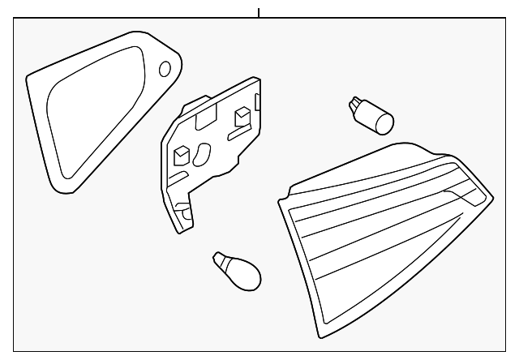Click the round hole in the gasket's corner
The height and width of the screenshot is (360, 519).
165,68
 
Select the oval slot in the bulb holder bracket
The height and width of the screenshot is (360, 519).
202,153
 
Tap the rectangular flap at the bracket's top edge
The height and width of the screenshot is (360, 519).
204,113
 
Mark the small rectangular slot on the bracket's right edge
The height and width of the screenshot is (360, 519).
257,104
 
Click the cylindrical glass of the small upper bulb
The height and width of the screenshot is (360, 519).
381,122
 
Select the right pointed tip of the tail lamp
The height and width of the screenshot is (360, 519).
491,195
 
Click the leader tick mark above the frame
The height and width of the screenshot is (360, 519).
259,12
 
